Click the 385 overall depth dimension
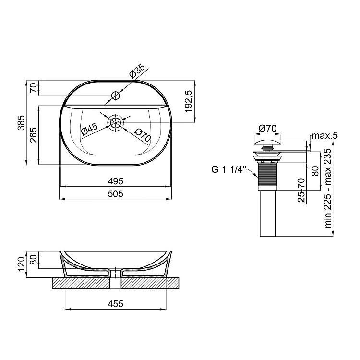(21, 122)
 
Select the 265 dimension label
(34, 135)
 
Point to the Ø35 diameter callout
(137, 71)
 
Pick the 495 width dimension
(116, 181)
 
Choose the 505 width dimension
(116, 194)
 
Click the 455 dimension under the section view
(116, 304)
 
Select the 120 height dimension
(21, 264)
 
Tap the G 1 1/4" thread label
(228, 169)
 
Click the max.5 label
(324, 135)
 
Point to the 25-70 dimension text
(301, 190)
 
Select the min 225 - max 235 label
(328, 188)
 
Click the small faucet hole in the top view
(116, 96)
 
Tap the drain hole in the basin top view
(116, 123)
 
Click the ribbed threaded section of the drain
(267, 175)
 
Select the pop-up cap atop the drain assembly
(267, 140)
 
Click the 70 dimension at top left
(34, 88)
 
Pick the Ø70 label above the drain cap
(267, 128)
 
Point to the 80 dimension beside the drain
(316, 171)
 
